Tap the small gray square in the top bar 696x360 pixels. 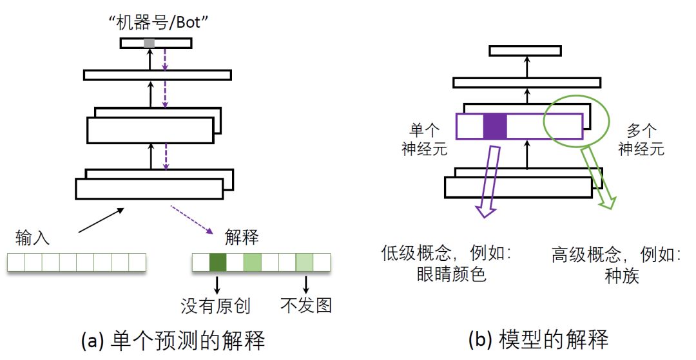tap(149, 43)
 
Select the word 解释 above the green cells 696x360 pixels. tap(242, 238)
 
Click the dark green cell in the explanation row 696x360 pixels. tap(218, 262)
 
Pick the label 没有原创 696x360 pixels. tap(215, 305)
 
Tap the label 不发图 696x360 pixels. tap(307, 305)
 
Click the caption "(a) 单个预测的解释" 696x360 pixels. tap(173, 341)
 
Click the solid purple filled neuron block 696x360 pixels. tap(495, 126)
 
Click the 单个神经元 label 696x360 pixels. tap(420, 139)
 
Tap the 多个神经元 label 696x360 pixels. tap(641, 139)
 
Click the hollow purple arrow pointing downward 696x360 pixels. tap(489, 180)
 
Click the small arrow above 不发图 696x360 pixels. tap(305, 283)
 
